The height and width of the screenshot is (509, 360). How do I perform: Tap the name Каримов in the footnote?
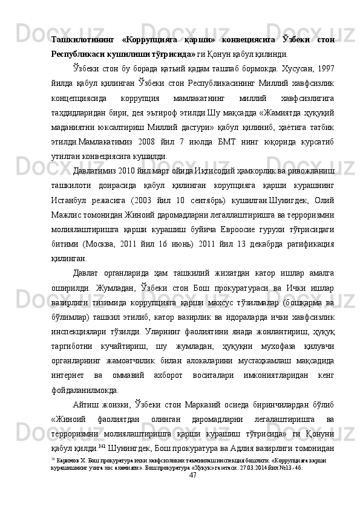64,461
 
